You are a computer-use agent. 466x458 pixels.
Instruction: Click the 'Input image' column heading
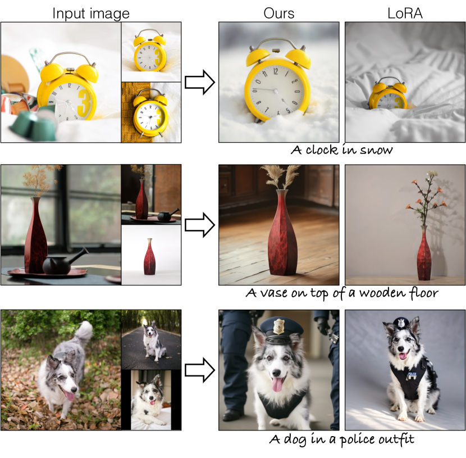tap(91, 13)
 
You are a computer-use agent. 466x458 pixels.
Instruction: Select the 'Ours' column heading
tap(279, 13)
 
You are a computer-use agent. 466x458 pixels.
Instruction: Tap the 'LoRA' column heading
tap(405, 13)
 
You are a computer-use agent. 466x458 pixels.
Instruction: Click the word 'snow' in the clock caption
tap(376, 150)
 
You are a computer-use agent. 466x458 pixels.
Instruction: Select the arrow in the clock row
tap(200, 83)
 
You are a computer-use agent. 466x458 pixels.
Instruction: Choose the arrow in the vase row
tap(200, 225)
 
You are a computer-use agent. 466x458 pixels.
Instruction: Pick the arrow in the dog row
tap(200, 370)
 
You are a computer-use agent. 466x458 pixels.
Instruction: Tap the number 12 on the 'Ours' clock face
tap(276, 71)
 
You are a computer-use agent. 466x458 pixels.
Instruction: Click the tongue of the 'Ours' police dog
tap(277, 385)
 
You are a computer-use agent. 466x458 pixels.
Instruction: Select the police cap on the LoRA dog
tap(401, 323)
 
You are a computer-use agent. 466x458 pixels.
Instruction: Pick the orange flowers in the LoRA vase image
tap(426, 200)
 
